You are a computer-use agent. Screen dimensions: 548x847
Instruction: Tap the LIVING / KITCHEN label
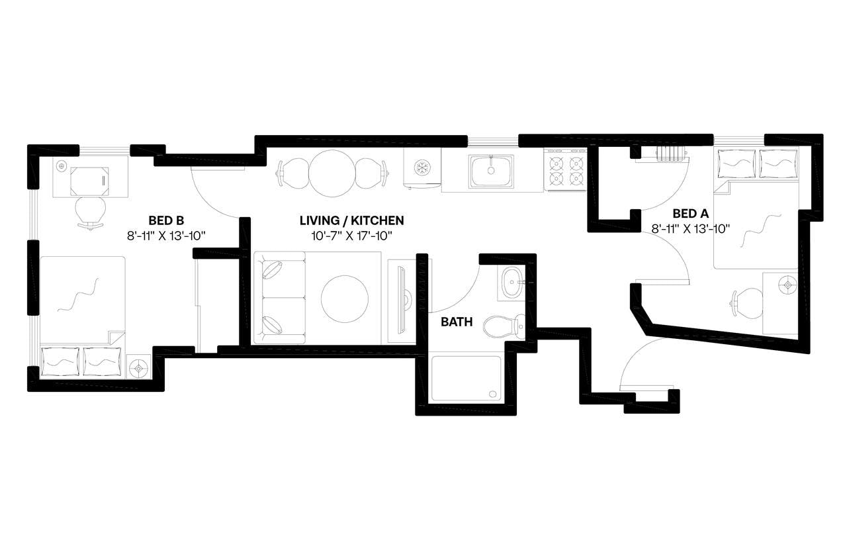(351, 220)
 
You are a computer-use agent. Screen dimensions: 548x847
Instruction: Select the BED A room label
(690, 213)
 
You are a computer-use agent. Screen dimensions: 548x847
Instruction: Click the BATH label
(457, 322)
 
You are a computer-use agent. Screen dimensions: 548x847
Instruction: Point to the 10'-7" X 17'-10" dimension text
(351, 234)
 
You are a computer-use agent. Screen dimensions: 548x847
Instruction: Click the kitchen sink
(491, 170)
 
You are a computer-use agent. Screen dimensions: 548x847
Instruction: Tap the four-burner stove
(566, 170)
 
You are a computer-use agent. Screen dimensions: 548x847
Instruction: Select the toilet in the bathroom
(503, 326)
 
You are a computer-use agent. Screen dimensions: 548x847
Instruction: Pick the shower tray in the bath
(467, 379)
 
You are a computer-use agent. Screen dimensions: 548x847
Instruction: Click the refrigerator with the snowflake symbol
(422, 169)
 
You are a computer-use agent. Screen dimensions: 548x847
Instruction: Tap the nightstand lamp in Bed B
(139, 367)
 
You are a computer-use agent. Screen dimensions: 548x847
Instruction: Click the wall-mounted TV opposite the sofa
(401, 298)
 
